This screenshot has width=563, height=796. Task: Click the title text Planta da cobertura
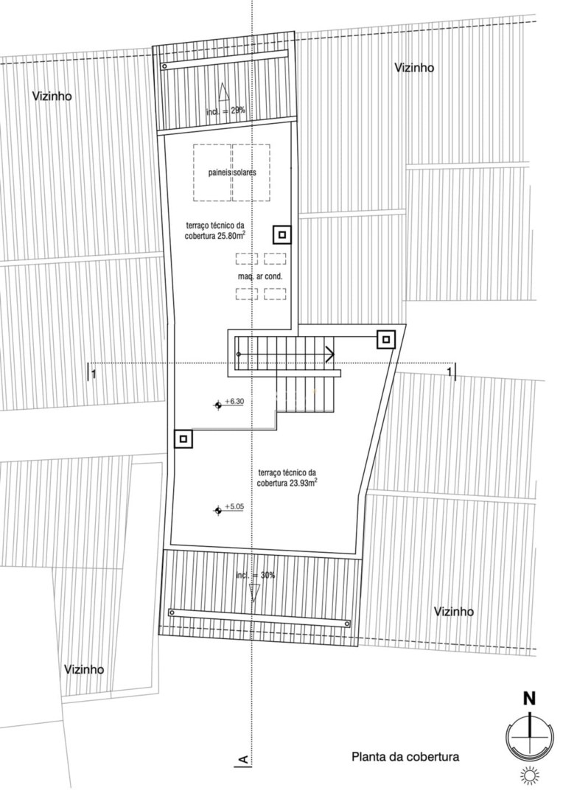coord(405,756)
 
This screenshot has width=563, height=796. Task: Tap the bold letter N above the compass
coord(529,699)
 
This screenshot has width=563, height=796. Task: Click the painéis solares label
coord(232,172)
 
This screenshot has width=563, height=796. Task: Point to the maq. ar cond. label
coord(260,277)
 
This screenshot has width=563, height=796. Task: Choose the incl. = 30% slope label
coord(256,576)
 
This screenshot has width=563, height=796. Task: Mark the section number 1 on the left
coord(94,375)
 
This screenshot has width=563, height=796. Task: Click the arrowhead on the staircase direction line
coord(329,354)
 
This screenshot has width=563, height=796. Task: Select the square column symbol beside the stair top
coord(386,339)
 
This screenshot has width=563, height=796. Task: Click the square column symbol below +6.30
coord(183,439)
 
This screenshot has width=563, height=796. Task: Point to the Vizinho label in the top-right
coord(415,68)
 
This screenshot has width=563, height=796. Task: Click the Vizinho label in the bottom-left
coord(84,669)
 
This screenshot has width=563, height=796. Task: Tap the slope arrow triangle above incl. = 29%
coord(223,92)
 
